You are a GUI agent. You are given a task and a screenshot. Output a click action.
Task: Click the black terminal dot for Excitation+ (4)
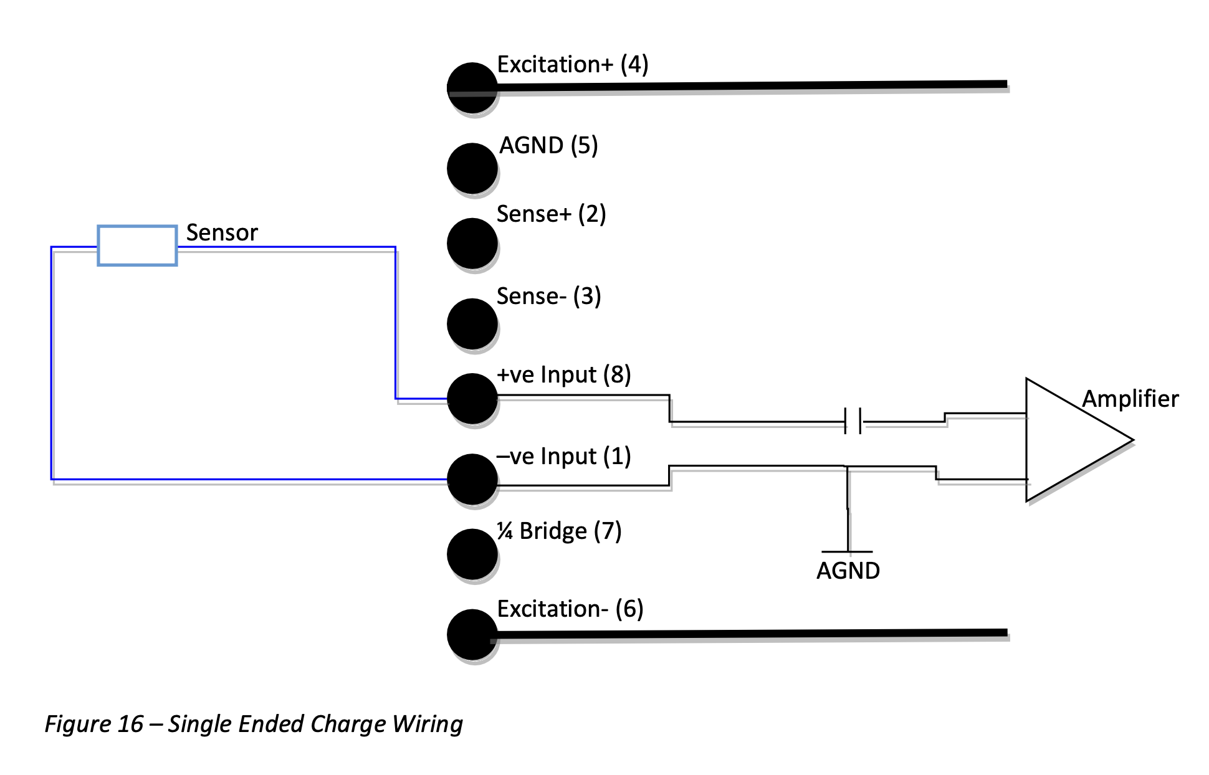click(x=472, y=88)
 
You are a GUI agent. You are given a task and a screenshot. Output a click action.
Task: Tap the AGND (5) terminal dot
click(x=472, y=168)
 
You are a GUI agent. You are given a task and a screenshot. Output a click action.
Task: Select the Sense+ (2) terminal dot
click(x=472, y=243)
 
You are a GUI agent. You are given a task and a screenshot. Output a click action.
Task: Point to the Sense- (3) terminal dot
click(x=472, y=323)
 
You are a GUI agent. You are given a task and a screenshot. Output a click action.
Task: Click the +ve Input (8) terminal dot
click(x=472, y=398)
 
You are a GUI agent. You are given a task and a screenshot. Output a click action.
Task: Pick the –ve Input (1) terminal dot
click(x=472, y=479)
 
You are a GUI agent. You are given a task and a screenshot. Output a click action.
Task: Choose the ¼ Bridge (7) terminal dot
click(x=472, y=554)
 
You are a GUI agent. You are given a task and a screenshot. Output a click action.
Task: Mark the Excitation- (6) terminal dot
click(x=472, y=634)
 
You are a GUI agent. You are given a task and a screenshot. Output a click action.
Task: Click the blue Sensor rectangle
click(x=137, y=245)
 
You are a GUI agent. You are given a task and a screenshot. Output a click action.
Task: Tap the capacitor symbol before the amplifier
click(x=853, y=421)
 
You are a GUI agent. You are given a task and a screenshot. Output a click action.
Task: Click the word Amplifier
click(x=1130, y=399)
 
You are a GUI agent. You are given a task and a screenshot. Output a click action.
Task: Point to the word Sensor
click(x=222, y=232)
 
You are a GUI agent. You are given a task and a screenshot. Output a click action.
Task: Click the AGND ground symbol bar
click(x=847, y=551)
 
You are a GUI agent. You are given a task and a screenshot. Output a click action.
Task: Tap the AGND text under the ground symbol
click(x=848, y=571)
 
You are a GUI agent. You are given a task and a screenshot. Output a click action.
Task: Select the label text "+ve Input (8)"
click(x=563, y=375)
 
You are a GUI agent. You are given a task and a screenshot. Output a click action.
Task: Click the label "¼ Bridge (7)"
click(x=559, y=531)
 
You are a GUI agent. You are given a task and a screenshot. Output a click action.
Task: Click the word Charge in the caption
click(x=348, y=724)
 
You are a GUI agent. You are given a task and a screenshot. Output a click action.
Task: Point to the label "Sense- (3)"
click(x=548, y=296)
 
